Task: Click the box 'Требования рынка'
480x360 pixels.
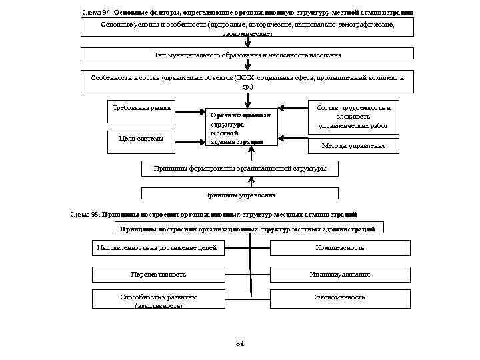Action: (x=140, y=107)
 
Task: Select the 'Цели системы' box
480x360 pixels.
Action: (x=140, y=138)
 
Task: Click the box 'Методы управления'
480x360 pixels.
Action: (x=353, y=145)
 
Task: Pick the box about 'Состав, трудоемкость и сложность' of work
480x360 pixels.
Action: (x=353, y=116)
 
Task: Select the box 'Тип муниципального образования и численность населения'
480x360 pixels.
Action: (x=247, y=55)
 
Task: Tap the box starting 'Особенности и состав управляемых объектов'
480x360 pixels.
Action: (x=247, y=81)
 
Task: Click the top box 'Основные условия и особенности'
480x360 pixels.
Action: (x=247, y=28)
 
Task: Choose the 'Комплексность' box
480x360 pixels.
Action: (x=339, y=248)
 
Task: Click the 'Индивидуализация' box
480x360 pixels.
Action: (x=339, y=274)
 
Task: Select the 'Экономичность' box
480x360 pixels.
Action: (x=339, y=298)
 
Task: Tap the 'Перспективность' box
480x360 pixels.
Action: (x=159, y=274)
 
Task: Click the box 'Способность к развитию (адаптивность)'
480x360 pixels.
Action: (x=159, y=301)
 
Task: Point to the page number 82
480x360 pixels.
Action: (x=241, y=343)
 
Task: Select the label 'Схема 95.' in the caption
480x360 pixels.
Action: (x=85, y=215)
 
